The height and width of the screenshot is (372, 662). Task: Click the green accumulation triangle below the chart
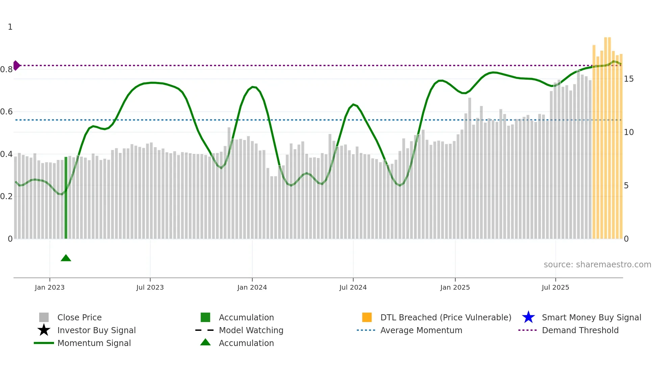(x=66, y=258)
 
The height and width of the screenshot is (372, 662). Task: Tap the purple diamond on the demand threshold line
(x=16, y=65)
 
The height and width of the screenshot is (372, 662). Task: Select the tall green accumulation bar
(x=66, y=198)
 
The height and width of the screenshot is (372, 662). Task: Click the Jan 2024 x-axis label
(x=252, y=288)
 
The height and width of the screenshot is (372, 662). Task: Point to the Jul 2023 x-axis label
(x=150, y=288)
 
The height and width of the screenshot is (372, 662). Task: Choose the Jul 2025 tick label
(x=555, y=288)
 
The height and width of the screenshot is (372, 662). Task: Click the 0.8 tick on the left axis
(x=6, y=70)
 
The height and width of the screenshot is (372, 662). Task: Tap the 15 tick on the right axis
(x=629, y=79)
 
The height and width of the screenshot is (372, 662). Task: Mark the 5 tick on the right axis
(x=626, y=186)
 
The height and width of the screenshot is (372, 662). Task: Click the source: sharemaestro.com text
(x=597, y=265)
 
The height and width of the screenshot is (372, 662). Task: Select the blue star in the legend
(x=528, y=317)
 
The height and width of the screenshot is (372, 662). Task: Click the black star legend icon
(x=44, y=330)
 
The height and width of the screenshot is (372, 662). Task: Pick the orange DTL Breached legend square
(x=367, y=317)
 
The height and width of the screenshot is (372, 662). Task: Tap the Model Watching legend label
(x=251, y=330)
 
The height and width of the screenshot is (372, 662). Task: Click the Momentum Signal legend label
(x=94, y=343)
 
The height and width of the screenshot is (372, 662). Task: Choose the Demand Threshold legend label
(x=580, y=330)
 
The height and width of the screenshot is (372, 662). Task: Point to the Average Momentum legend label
(x=421, y=330)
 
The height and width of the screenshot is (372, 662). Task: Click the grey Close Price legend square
(x=44, y=317)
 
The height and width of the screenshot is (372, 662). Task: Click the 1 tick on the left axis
(x=10, y=27)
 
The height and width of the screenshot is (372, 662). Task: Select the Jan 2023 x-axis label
(x=50, y=288)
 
